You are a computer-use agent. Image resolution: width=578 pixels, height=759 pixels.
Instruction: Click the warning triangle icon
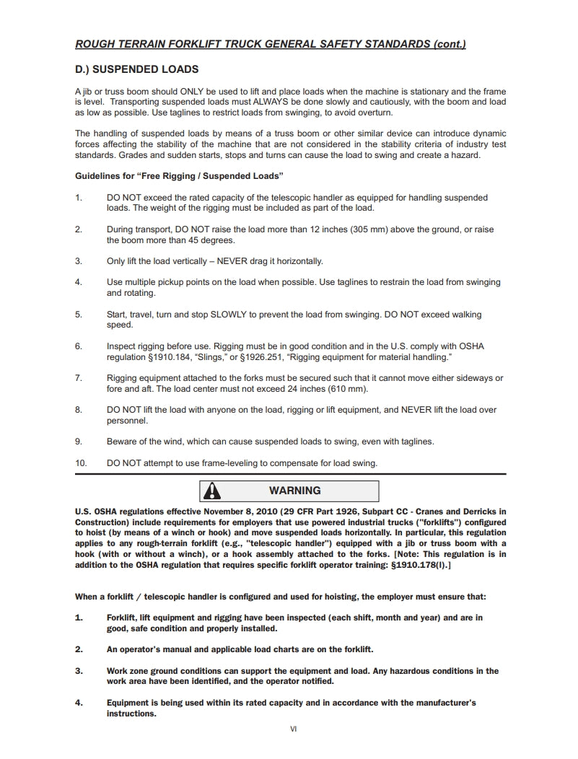tap(212, 491)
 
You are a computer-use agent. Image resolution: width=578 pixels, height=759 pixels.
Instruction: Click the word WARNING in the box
tap(294, 491)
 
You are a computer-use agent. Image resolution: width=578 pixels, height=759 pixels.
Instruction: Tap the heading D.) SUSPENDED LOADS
tap(136, 70)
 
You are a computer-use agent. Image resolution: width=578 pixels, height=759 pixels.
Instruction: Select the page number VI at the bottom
tap(293, 729)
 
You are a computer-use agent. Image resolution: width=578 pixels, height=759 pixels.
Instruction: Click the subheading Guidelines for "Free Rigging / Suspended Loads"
tap(179, 176)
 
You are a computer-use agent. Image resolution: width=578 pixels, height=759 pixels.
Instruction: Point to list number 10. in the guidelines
tap(81, 462)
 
